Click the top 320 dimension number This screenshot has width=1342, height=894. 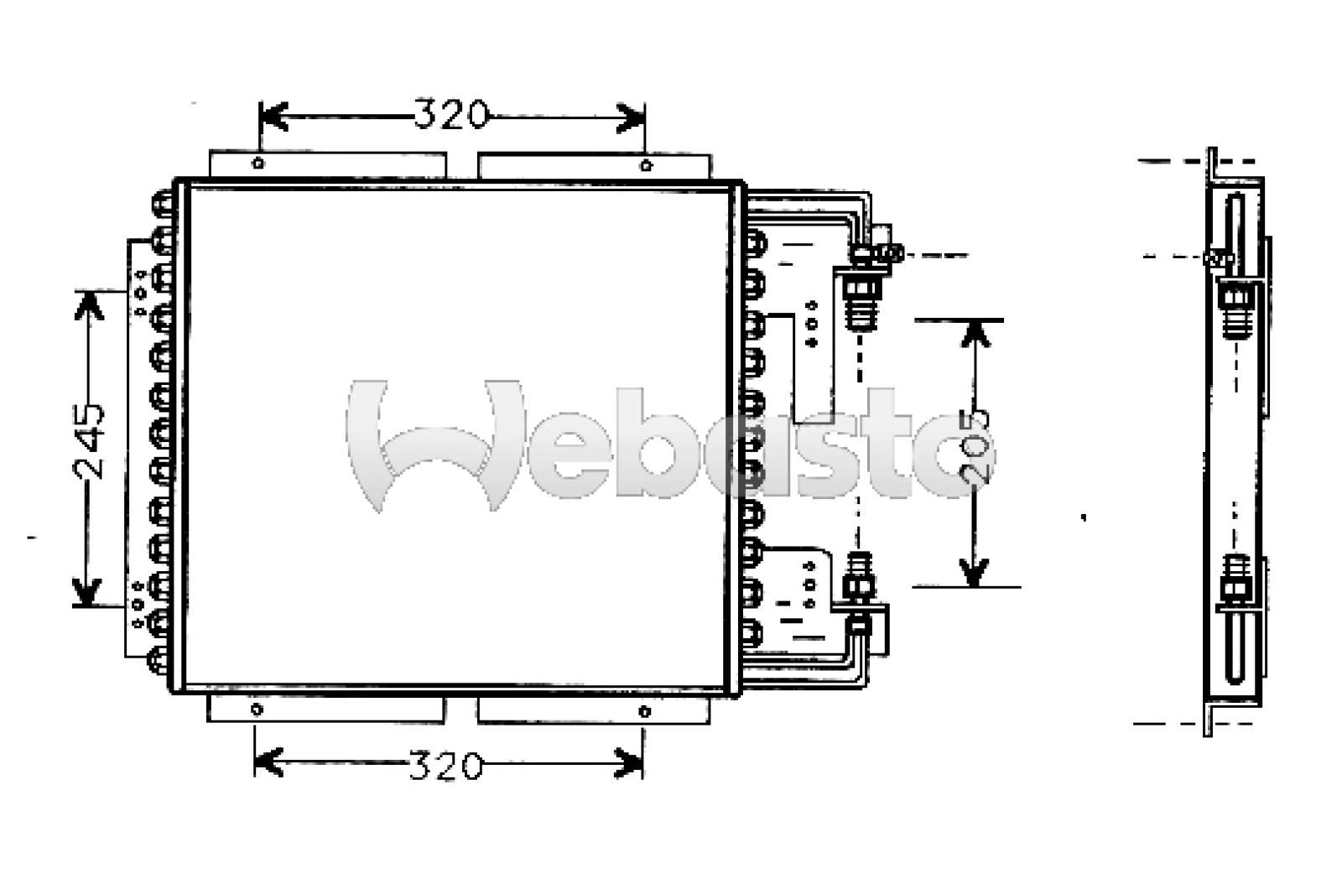tap(450, 115)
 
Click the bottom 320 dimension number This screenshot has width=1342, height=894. tap(445, 765)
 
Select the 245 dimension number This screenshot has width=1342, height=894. tap(90, 441)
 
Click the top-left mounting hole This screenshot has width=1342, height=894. tap(258, 164)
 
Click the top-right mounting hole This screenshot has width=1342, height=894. tap(645, 164)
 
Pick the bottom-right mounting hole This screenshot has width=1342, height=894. tap(644, 711)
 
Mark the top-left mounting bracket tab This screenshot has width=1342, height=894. tap(327, 165)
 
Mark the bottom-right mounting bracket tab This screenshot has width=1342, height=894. tap(593, 709)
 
